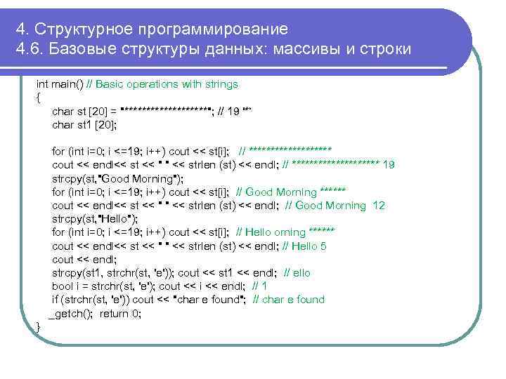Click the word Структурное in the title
coord(83,29)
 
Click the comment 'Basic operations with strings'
coord(167,84)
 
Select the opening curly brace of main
coord(38,98)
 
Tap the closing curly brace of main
coord(38,327)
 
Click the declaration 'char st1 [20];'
coord(84,125)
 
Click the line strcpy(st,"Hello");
coord(95,219)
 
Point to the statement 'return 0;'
coord(120,313)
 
